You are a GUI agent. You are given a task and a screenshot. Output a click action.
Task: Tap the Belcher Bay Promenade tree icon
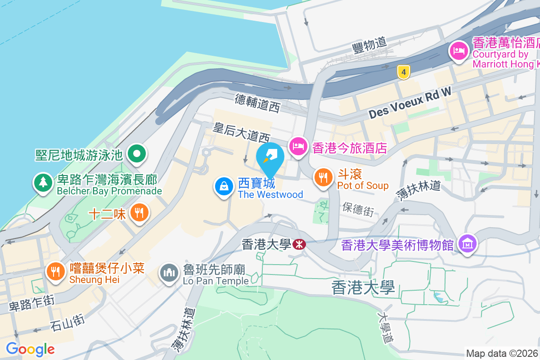pos(43,182)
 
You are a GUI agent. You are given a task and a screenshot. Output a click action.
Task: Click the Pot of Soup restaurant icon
pos(323,177)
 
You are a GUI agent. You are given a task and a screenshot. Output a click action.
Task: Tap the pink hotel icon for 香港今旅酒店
pos(298,146)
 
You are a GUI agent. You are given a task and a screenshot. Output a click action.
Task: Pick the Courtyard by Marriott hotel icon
pos(459,50)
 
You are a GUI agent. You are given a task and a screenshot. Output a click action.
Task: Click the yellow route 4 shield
pos(404,71)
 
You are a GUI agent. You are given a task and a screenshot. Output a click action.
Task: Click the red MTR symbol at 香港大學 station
pos(299,244)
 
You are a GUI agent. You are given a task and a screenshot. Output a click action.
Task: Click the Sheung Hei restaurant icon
pos(55,271)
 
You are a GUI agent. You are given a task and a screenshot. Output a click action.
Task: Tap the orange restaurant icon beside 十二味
pos(139,212)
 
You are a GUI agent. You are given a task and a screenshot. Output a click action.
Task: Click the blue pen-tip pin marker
pos(270,158)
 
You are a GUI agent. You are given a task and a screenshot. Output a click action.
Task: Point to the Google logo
pos(30,349)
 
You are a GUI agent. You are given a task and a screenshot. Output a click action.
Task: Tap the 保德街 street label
pos(358,208)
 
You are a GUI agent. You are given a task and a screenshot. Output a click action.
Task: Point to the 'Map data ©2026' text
pos(502,353)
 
